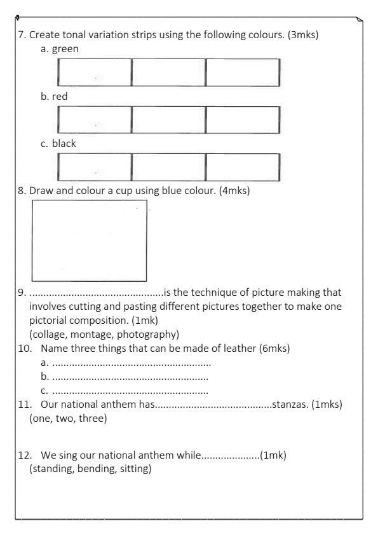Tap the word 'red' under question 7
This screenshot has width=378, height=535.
(57, 96)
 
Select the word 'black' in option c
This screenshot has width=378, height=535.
(63, 143)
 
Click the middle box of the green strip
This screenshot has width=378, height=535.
(168, 73)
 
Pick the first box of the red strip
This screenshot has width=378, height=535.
(94, 120)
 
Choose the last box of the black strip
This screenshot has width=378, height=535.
(243, 167)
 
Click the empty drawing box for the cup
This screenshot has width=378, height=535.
(89, 240)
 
